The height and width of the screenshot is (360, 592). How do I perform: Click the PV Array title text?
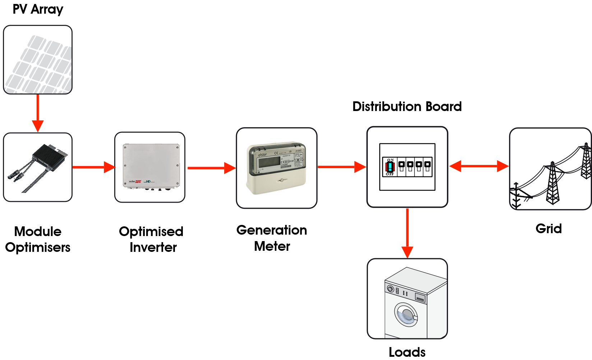coord(38,9)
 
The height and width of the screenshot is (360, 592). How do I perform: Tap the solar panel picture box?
coord(38,60)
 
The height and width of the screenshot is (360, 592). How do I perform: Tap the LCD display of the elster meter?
coord(269,162)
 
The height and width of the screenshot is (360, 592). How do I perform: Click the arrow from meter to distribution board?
coord(341,167)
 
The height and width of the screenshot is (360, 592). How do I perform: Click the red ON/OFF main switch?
coord(390,167)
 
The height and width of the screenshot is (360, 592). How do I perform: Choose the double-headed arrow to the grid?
coord(479,166)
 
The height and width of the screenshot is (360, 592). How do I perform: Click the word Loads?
coord(407,352)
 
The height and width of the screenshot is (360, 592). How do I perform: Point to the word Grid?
coord(549,229)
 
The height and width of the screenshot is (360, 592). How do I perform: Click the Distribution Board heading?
coord(407,107)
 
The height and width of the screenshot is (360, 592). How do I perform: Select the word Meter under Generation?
coord(272,246)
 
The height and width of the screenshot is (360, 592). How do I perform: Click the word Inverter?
coord(153,248)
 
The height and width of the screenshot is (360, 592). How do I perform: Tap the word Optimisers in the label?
coord(38,248)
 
